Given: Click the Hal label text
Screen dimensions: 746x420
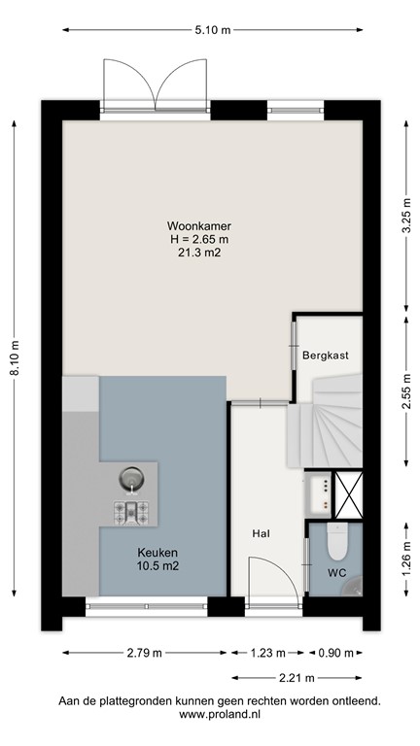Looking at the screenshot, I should tap(261, 533).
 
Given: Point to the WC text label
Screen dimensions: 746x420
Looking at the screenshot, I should tap(335, 572).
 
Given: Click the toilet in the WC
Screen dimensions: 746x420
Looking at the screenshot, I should tap(337, 543).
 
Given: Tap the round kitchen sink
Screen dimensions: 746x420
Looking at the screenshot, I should tap(131, 478).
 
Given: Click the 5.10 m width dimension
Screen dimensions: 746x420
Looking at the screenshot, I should tap(212, 31).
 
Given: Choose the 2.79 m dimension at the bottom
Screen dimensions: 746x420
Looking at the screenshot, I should tap(145, 653).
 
